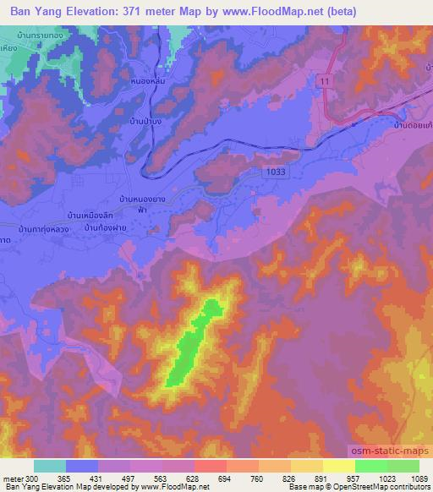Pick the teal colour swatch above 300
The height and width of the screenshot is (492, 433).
(51, 466)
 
